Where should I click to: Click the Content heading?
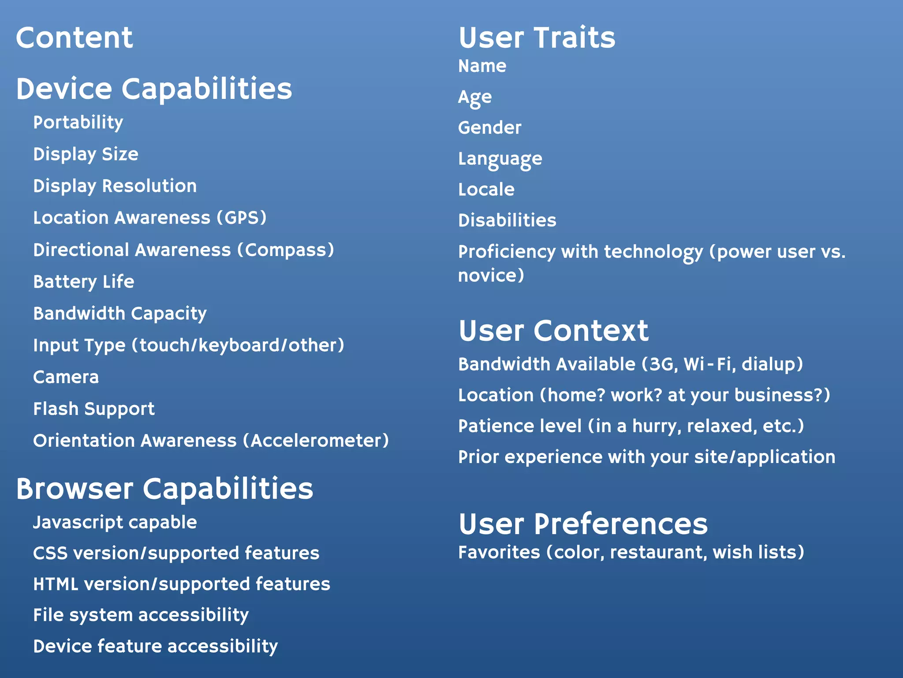pos(74,38)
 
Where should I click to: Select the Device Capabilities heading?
pos(154,89)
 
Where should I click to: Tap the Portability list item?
pos(78,123)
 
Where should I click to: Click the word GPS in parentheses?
pos(242,218)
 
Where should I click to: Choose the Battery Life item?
pos(83,282)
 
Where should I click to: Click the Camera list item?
pos(66,377)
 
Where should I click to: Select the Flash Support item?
pos(93,409)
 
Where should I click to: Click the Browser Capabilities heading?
pos(164,489)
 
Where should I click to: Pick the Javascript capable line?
pos(115,523)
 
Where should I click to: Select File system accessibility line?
pos(141,615)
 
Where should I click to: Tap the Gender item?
pos(489,128)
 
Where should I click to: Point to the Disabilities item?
pos(507,220)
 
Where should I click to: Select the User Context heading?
pos(553,331)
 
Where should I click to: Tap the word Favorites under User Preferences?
pos(499,553)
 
